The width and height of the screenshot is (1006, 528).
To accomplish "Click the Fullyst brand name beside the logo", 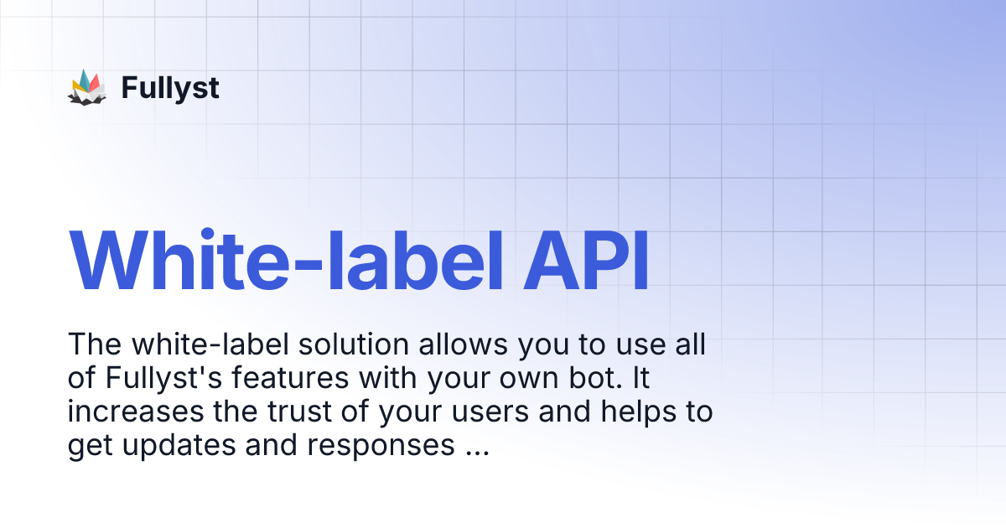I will pos(170,87).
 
